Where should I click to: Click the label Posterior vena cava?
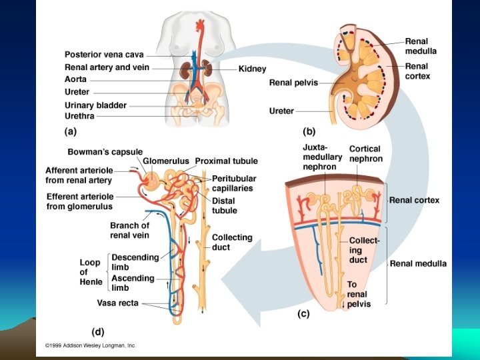tap(103, 55)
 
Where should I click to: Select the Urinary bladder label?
tap(95, 105)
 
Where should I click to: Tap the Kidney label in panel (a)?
tap(252, 69)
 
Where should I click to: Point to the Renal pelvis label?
tap(293, 83)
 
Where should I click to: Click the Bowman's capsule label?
tap(105, 153)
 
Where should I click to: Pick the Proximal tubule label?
tap(226, 161)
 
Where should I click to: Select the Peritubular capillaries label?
tap(232, 183)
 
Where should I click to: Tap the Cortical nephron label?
tap(366, 154)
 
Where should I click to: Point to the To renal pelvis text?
tap(358, 294)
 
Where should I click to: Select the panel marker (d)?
tap(98, 330)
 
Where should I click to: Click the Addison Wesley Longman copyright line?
tap(90, 345)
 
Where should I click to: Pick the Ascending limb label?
tap(133, 283)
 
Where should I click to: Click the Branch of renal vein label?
tap(129, 230)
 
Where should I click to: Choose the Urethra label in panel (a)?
tap(79, 116)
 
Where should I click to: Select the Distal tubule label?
tap(224, 205)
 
